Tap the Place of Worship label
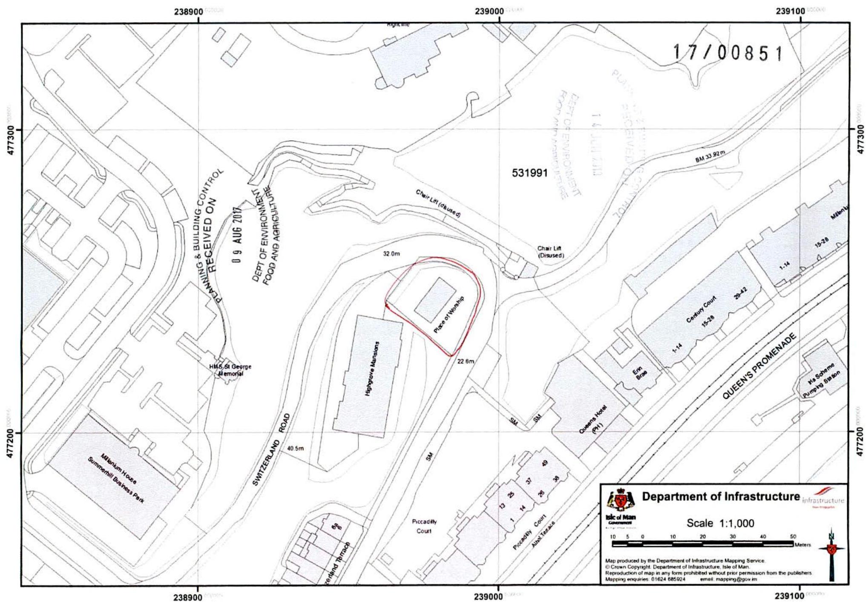pyautogui.click(x=449, y=314)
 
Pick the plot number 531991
pyautogui.click(x=529, y=173)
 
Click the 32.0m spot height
pyautogui.click(x=391, y=253)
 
